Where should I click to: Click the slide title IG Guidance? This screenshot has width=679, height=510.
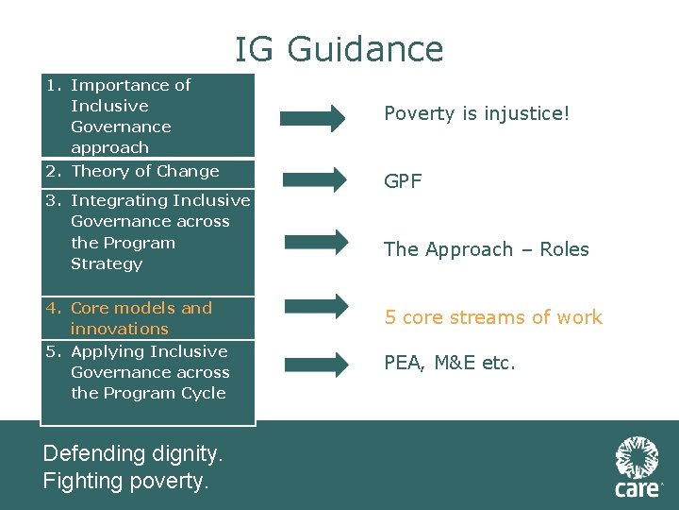[339, 49]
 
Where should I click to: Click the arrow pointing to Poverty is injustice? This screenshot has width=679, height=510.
[313, 118]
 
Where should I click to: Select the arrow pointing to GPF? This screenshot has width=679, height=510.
[313, 179]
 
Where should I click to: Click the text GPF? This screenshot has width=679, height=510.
[403, 181]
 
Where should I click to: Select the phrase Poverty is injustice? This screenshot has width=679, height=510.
[476, 114]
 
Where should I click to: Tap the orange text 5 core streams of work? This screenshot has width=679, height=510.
[492, 317]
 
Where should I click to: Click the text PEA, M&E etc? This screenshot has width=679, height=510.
[449, 363]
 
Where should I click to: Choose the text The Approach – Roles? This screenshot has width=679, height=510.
[486, 249]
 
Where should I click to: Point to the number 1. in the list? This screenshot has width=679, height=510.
[55, 85]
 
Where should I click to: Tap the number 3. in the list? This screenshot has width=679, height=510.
[55, 200]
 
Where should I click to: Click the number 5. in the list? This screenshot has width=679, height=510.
[55, 351]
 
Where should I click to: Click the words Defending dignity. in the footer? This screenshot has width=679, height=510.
[133, 454]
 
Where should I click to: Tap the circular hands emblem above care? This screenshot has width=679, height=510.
[637, 457]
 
